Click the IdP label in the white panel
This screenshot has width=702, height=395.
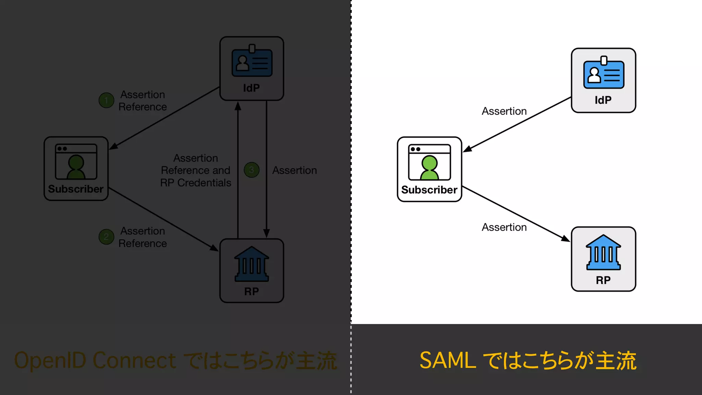[603, 100]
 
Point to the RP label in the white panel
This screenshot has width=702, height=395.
[603, 280]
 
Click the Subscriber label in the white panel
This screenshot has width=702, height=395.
[429, 190]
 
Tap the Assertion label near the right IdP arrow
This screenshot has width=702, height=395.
[504, 111]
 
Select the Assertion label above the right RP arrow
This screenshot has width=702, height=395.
[504, 227]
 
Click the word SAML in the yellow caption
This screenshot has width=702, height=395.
[448, 360]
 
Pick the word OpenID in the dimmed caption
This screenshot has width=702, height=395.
[50, 360]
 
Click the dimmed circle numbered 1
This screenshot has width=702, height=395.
[106, 100]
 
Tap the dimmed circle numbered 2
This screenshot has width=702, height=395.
[106, 237]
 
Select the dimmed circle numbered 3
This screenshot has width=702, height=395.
[252, 170]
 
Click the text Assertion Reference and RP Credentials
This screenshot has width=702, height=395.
[196, 170]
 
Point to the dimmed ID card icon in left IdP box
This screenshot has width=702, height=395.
[252, 62]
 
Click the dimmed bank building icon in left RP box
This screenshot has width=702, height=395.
[252, 264]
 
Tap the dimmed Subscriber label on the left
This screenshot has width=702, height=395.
[76, 189]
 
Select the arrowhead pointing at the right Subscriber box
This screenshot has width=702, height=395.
[467, 149]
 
